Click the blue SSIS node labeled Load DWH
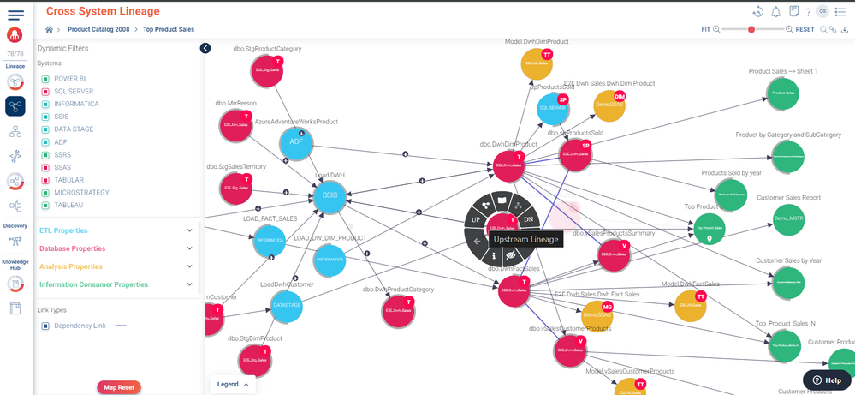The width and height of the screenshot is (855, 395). [330, 197]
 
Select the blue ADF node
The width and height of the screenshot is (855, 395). [296, 142]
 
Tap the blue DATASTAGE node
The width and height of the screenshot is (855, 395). [287, 305]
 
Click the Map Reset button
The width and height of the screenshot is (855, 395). [119, 387]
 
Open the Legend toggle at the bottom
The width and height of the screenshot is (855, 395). [232, 385]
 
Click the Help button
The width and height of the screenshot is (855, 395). [827, 380]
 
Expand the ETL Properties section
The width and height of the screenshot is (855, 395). [63, 230]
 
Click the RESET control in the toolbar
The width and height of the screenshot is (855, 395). [805, 29]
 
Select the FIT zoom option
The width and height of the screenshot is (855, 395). [705, 29]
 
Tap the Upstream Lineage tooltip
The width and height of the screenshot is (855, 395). [525, 240]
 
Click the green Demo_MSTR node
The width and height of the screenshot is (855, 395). [788, 218]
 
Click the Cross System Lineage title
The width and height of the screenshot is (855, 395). [103, 11]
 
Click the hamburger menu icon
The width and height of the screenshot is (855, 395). [15, 15]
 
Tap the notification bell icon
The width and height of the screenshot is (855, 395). [775, 12]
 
